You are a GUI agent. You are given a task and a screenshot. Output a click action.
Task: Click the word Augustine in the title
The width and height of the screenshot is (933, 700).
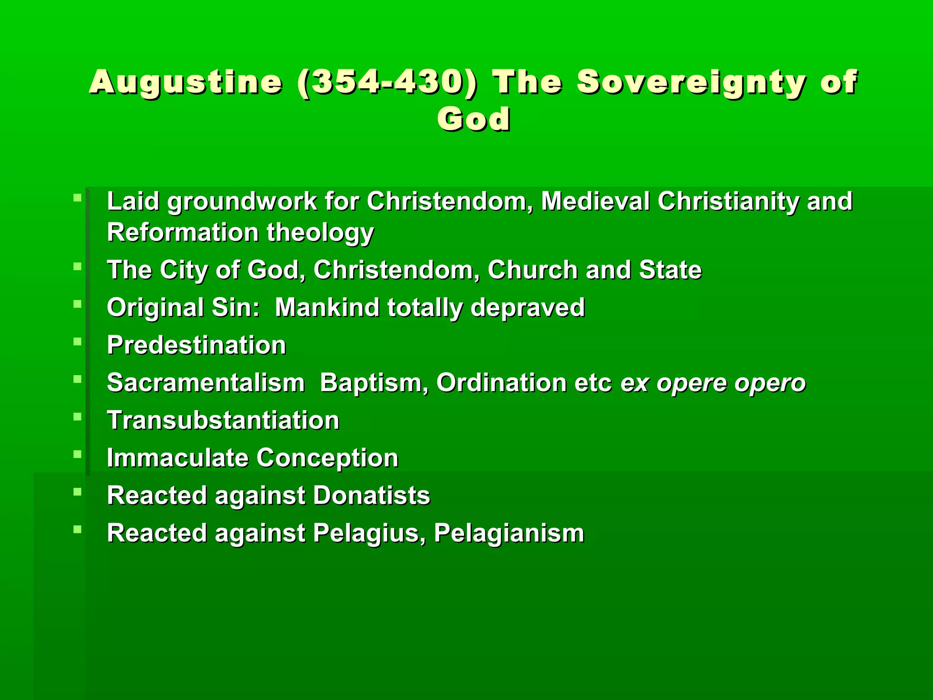(x=185, y=82)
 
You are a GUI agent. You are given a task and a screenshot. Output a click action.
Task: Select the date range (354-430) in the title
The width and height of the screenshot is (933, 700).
(x=387, y=82)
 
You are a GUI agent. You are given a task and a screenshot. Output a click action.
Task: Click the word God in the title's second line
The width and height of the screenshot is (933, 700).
(x=474, y=119)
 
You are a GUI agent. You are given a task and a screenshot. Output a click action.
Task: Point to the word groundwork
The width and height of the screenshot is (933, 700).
(x=242, y=201)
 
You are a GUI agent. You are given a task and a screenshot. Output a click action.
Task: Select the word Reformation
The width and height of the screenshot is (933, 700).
(x=183, y=232)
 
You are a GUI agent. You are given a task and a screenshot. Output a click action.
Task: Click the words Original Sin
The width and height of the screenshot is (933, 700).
(x=183, y=308)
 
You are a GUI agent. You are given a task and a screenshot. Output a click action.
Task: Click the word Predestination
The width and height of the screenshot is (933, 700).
(x=196, y=345)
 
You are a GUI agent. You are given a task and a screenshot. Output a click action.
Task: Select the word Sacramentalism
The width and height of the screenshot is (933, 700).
(x=205, y=383)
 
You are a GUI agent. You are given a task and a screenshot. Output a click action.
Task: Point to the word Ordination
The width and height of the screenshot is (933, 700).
(x=501, y=383)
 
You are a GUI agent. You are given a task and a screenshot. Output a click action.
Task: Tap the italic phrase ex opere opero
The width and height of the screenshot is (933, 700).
(x=713, y=383)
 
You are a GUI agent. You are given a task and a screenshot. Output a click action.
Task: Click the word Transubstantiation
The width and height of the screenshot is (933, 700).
(x=223, y=420)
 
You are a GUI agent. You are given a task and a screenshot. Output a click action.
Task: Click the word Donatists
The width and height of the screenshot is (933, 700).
(x=371, y=495)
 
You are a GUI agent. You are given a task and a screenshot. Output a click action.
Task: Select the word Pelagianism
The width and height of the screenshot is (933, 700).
(x=509, y=533)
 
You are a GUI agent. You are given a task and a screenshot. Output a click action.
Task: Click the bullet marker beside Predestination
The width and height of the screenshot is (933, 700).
(x=77, y=341)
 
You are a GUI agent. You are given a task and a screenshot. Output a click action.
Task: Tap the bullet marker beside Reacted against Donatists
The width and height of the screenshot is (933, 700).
(x=77, y=491)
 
